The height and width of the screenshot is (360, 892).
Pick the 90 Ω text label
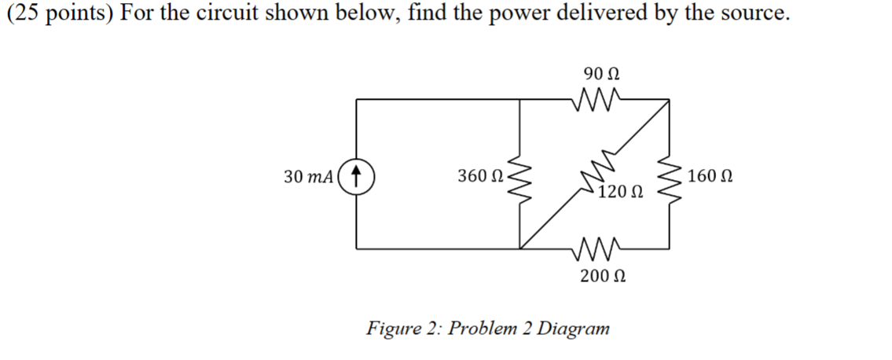click(601, 75)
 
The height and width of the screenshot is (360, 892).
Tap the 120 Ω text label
click(621, 192)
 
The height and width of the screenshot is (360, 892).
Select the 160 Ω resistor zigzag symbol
click(669, 174)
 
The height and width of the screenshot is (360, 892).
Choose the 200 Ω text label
click(602, 276)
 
